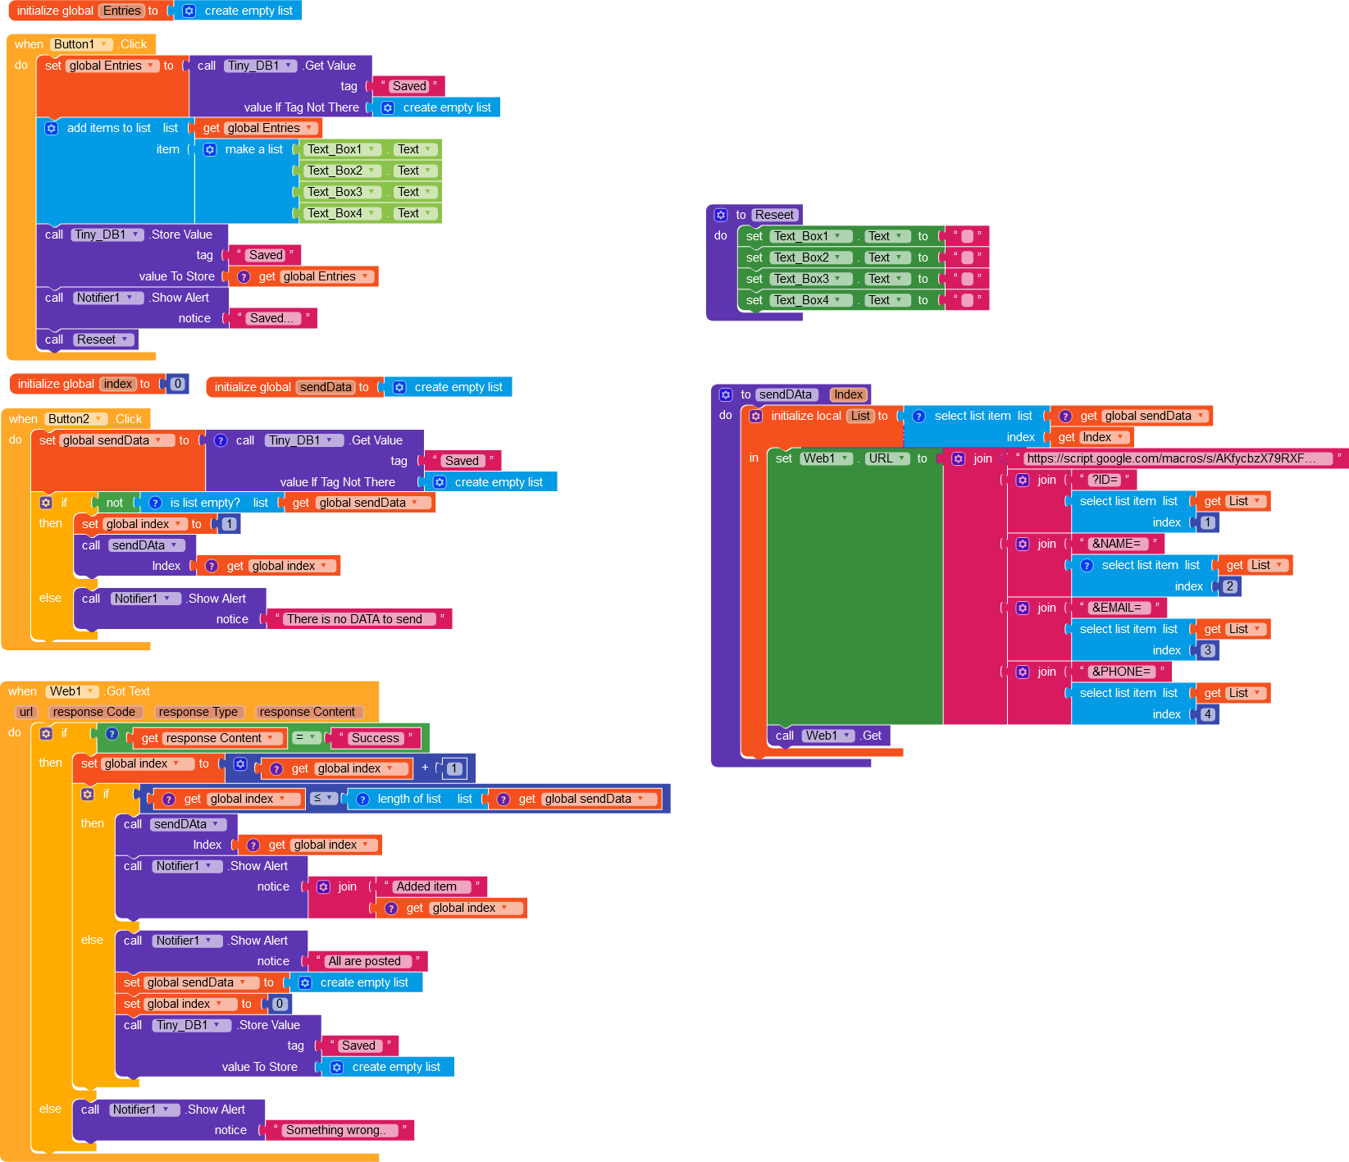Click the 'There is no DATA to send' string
(354, 619)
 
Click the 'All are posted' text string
(364, 961)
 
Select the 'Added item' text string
(426, 886)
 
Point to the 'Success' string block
(375, 738)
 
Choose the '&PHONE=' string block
(1121, 672)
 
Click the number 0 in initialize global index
(177, 384)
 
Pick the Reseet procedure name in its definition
(774, 215)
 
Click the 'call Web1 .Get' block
(828, 736)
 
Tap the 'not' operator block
(115, 503)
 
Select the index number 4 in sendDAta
(1207, 714)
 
